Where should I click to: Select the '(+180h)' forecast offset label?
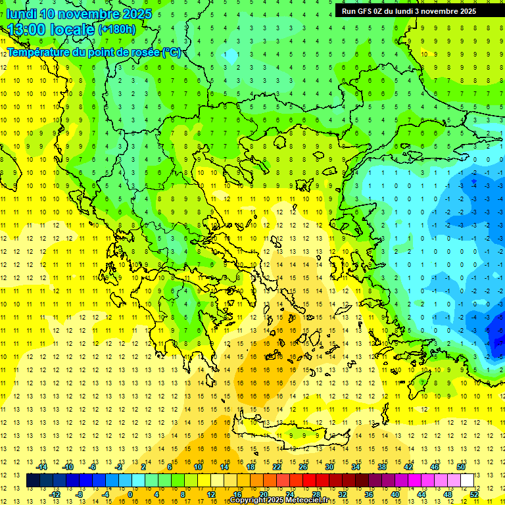pyautogui.click(x=117, y=30)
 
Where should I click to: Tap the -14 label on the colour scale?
pyautogui.click(x=42, y=466)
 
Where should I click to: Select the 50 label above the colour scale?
pyautogui.click(x=461, y=466)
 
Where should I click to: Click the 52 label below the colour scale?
pyautogui.click(x=474, y=494)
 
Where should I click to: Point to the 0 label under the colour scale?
pyautogui.click(x=130, y=494)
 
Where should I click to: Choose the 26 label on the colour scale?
pyautogui.click(x=303, y=466)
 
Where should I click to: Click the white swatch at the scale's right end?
pyautogui.click(x=468, y=480)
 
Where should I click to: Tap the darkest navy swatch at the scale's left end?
pyautogui.click(x=33, y=480)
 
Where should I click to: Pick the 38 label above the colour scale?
pyautogui.click(x=382, y=466)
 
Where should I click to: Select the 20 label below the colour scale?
pyautogui.click(x=264, y=494)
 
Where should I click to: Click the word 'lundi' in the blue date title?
pyautogui.click(x=21, y=14)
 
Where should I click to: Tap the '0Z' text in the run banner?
pyautogui.click(x=380, y=11)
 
